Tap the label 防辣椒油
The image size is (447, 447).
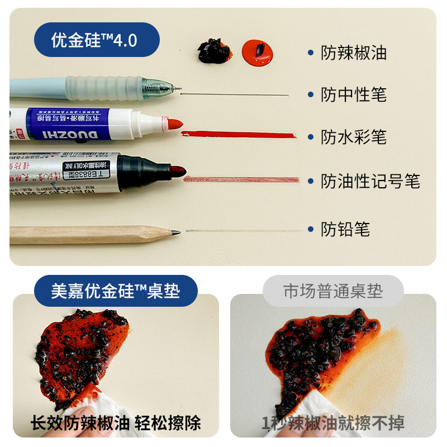tap(353, 53)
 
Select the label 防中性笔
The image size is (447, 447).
tap(353, 94)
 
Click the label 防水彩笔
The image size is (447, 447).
tap(353, 137)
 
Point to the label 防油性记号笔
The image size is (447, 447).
tap(370, 180)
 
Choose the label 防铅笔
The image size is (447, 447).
tap(345, 229)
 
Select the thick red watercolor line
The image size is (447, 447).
tap(238, 135)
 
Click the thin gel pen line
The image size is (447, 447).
tap(235, 94)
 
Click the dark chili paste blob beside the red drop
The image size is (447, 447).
tap(213, 51)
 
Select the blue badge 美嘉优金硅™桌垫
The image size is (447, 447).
tap(116, 292)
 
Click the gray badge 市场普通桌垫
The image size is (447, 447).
tap(333, 291)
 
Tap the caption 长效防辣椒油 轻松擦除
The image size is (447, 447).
tap(115, 423)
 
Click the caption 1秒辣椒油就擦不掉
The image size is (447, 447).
tap(333, 423)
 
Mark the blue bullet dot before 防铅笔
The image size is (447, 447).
tap(310, 229)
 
